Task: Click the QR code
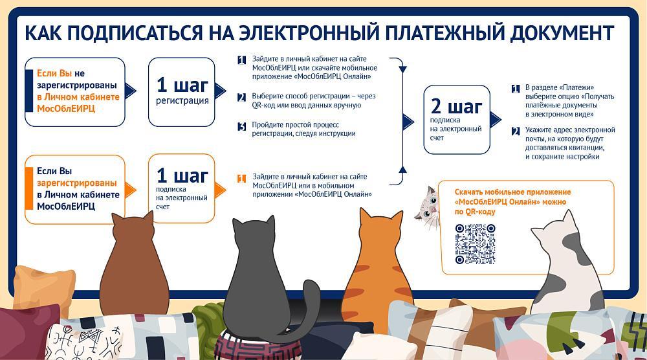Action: coord(475,244)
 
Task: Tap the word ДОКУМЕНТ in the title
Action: coord(562,34)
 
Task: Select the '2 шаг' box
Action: coord(457,120)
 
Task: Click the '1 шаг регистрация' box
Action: coord(182,92)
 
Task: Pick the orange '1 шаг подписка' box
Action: coord(182,188)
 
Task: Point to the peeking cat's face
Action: coord(428,207)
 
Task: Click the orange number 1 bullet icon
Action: coord(242,178)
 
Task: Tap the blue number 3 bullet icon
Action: coord(242,126)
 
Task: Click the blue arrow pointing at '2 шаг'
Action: coord(408,122)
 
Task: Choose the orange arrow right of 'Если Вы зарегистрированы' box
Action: coord(131,190)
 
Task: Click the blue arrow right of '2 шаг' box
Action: coord(496,120)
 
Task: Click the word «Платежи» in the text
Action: coord(577,87)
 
